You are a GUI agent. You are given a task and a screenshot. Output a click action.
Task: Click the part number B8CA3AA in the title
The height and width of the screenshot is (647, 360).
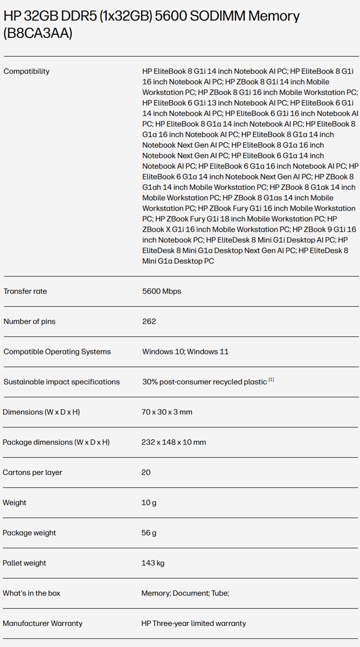click(38, 33)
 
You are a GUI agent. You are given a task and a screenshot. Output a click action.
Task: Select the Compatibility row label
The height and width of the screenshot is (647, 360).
click(26, 71)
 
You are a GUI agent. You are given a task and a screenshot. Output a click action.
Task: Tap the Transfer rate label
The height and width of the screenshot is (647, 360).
click(25, 291)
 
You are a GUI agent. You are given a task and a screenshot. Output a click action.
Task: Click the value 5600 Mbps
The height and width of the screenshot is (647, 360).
click(162, 291)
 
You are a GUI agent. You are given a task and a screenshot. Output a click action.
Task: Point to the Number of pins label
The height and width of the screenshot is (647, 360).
click(30, 321)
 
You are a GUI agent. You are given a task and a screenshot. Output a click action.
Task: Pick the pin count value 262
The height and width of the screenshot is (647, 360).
click(149, 321)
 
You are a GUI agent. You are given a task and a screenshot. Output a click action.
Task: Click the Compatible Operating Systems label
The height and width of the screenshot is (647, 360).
click(57, 352)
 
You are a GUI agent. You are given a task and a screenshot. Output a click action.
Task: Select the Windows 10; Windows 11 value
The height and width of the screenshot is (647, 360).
click(185, 352)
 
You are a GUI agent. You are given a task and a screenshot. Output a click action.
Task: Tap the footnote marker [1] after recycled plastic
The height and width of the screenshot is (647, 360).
click(272, 380)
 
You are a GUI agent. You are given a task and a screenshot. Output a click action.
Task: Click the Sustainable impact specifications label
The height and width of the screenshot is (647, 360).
click(61, 382)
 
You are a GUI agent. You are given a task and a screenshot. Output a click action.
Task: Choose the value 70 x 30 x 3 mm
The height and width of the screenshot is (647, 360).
click(167, 412)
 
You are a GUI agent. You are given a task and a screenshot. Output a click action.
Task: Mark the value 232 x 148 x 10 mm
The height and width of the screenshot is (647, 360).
click(174, 442)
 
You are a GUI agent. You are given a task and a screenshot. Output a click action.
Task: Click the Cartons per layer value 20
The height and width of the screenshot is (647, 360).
click(146, 472)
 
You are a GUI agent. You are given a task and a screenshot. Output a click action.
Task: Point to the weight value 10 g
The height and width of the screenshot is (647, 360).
click(149, 503)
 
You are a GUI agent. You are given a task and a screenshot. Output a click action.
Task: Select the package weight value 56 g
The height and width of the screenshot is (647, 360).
click(149, 533)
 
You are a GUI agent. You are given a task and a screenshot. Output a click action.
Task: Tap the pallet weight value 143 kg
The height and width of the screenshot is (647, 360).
click(153, 563)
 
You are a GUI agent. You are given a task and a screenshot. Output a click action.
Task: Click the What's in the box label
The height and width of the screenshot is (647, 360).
click(31, 593)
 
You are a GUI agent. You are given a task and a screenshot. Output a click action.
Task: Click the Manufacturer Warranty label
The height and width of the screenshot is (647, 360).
click(43, 623)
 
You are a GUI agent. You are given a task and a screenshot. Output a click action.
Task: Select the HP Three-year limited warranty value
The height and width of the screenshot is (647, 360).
click(193, 623)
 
